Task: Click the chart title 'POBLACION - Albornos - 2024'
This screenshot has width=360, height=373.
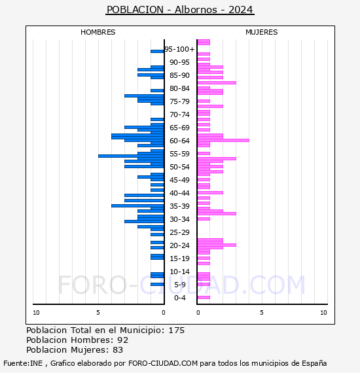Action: coord(180,10)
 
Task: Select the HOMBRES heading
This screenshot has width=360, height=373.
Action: coord(98,32)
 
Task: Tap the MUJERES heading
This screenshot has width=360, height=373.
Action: coord(262,32)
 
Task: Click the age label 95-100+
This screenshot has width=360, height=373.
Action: coord(179,49)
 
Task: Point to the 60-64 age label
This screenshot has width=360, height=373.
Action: coord(179,141)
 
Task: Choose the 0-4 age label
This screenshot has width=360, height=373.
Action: coord(179,298)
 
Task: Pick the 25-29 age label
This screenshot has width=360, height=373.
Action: coord(179,232)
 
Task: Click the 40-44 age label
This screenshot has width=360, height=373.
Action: coord(179,193)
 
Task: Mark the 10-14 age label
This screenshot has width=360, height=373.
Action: coord(179,272)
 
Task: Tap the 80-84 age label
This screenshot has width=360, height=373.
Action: coord(179,88)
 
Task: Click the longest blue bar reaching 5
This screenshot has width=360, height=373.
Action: coord(131,156)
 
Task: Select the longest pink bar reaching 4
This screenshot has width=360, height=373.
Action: coord(223,140)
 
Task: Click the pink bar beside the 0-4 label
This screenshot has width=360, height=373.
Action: coord(204,297)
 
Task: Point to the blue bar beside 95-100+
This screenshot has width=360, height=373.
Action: coord(157,52)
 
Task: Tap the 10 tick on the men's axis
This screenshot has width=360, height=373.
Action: coord(36,313)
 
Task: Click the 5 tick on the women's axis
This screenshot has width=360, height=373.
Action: coord(262,313)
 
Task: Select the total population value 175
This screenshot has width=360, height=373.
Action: coord(176,330)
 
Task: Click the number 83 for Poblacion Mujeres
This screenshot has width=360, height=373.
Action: coord(118,350)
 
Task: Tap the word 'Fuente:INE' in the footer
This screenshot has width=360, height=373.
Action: coord(23,363)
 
